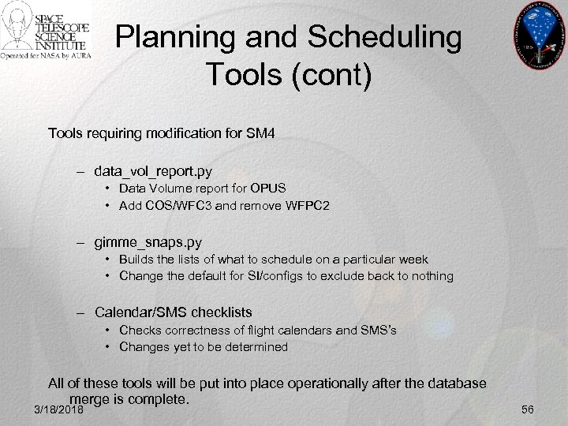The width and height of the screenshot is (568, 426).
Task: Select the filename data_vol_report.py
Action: tap(153, 170)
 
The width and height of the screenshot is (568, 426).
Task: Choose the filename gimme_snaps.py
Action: tap(147, 241)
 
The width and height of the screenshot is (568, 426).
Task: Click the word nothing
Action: tap(429, 275)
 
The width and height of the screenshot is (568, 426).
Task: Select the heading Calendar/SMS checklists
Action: tap(173, 312)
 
